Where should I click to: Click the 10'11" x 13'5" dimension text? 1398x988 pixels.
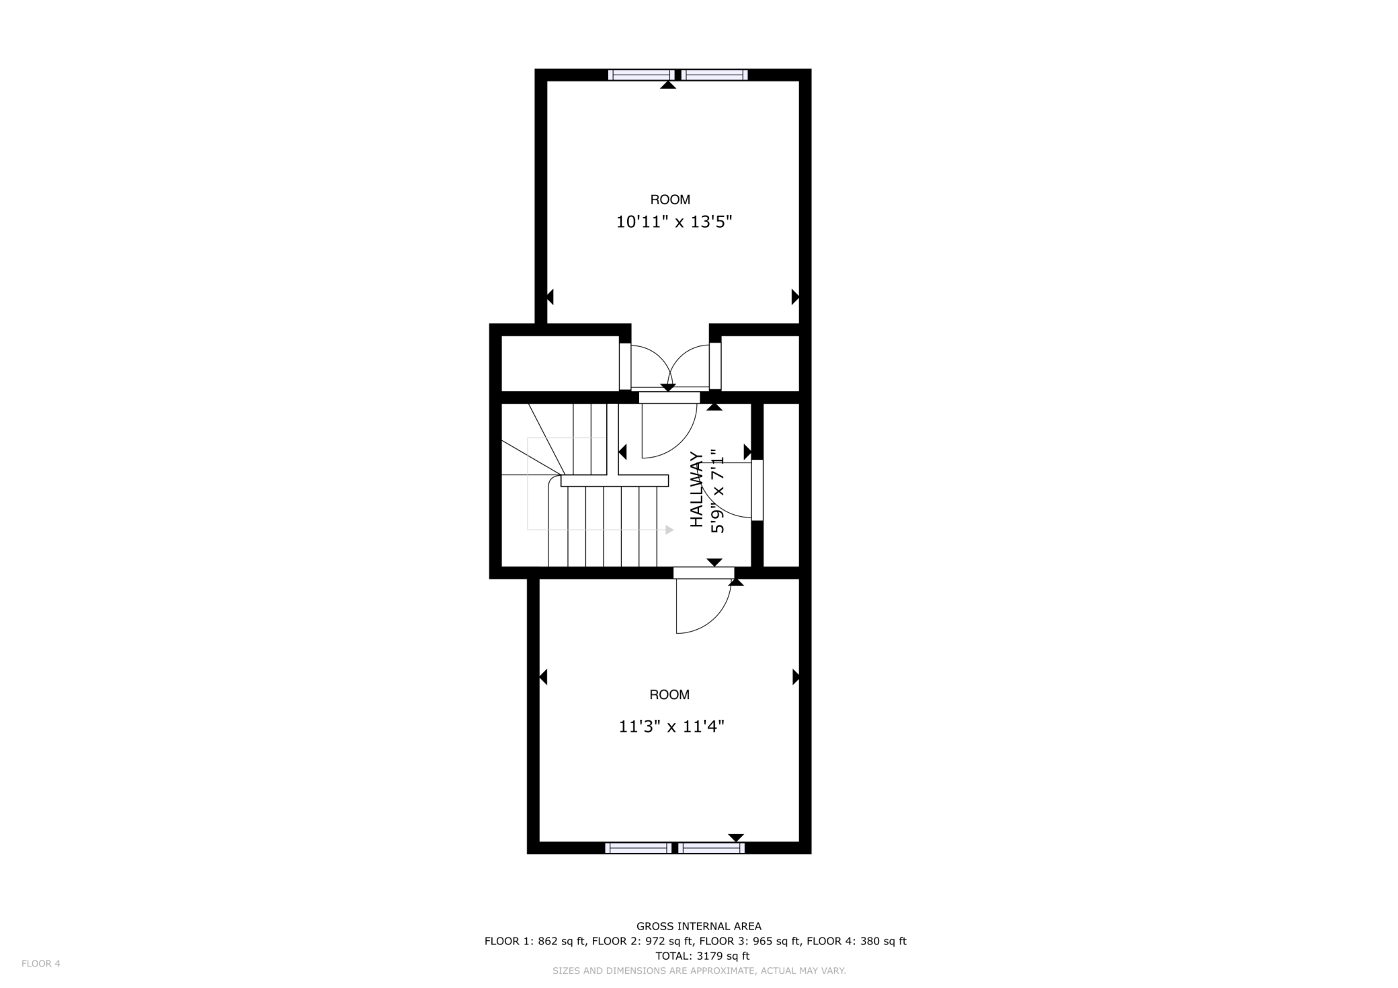pos(673,222)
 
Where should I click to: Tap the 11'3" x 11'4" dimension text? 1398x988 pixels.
pos(671,727)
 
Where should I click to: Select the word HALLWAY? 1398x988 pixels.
pos(697,489)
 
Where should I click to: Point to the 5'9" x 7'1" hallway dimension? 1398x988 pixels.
pos(718,491)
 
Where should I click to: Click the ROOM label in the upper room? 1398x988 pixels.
pos(669,200)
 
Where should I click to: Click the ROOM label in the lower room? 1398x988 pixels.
pos(669,695)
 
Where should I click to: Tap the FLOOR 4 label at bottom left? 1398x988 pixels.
pos(41,964)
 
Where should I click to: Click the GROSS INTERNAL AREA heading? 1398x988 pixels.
pos(698,926)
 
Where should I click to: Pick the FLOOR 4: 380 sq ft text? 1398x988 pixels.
pos(856,941)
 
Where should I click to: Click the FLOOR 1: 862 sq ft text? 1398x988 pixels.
pos(535,941)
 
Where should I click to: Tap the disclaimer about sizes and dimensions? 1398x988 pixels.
pos(698,971)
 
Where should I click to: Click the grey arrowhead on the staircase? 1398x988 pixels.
pos(669,530)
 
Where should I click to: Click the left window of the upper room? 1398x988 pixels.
pos(641,75)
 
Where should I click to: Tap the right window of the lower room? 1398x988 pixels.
pos(711,848)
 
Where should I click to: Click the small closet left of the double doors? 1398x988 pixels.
pos(560,363)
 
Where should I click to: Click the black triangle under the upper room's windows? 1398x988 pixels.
pos(667,85)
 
